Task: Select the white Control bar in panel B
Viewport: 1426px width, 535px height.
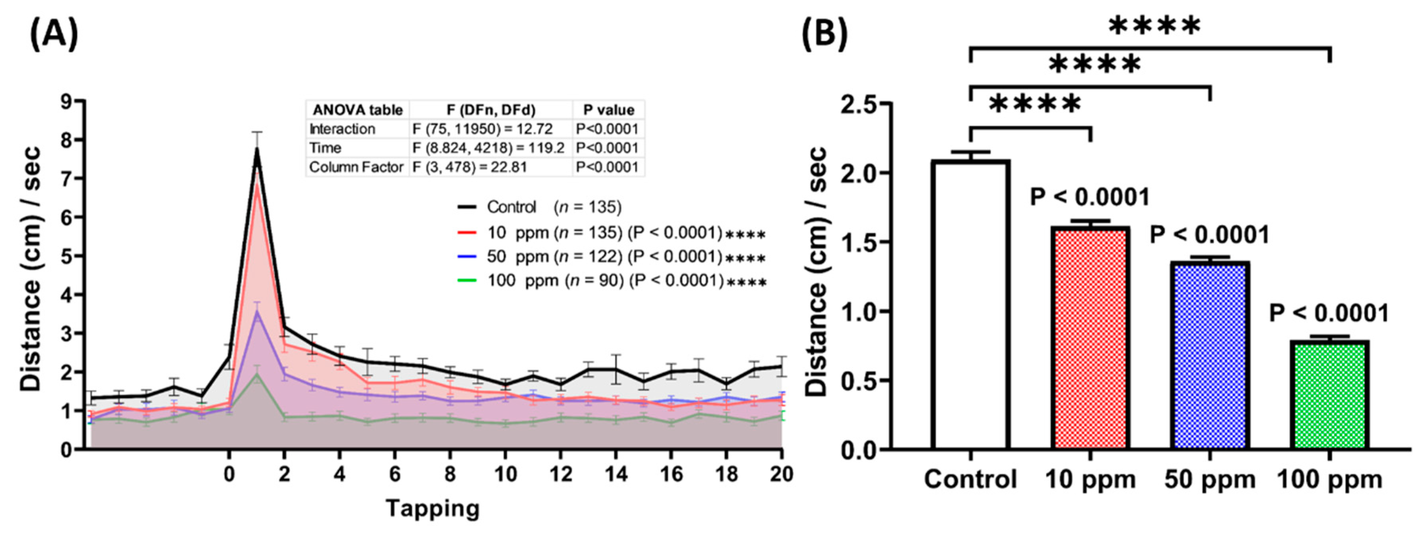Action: tap(970, 304)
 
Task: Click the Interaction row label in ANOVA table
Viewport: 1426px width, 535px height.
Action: tap(342, 129)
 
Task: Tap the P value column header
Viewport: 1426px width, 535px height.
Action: tap(608, 110)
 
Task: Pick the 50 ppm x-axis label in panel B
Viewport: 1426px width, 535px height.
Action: tap(1210, 479)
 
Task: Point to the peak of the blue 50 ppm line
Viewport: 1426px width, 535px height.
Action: tap(257, 311)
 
